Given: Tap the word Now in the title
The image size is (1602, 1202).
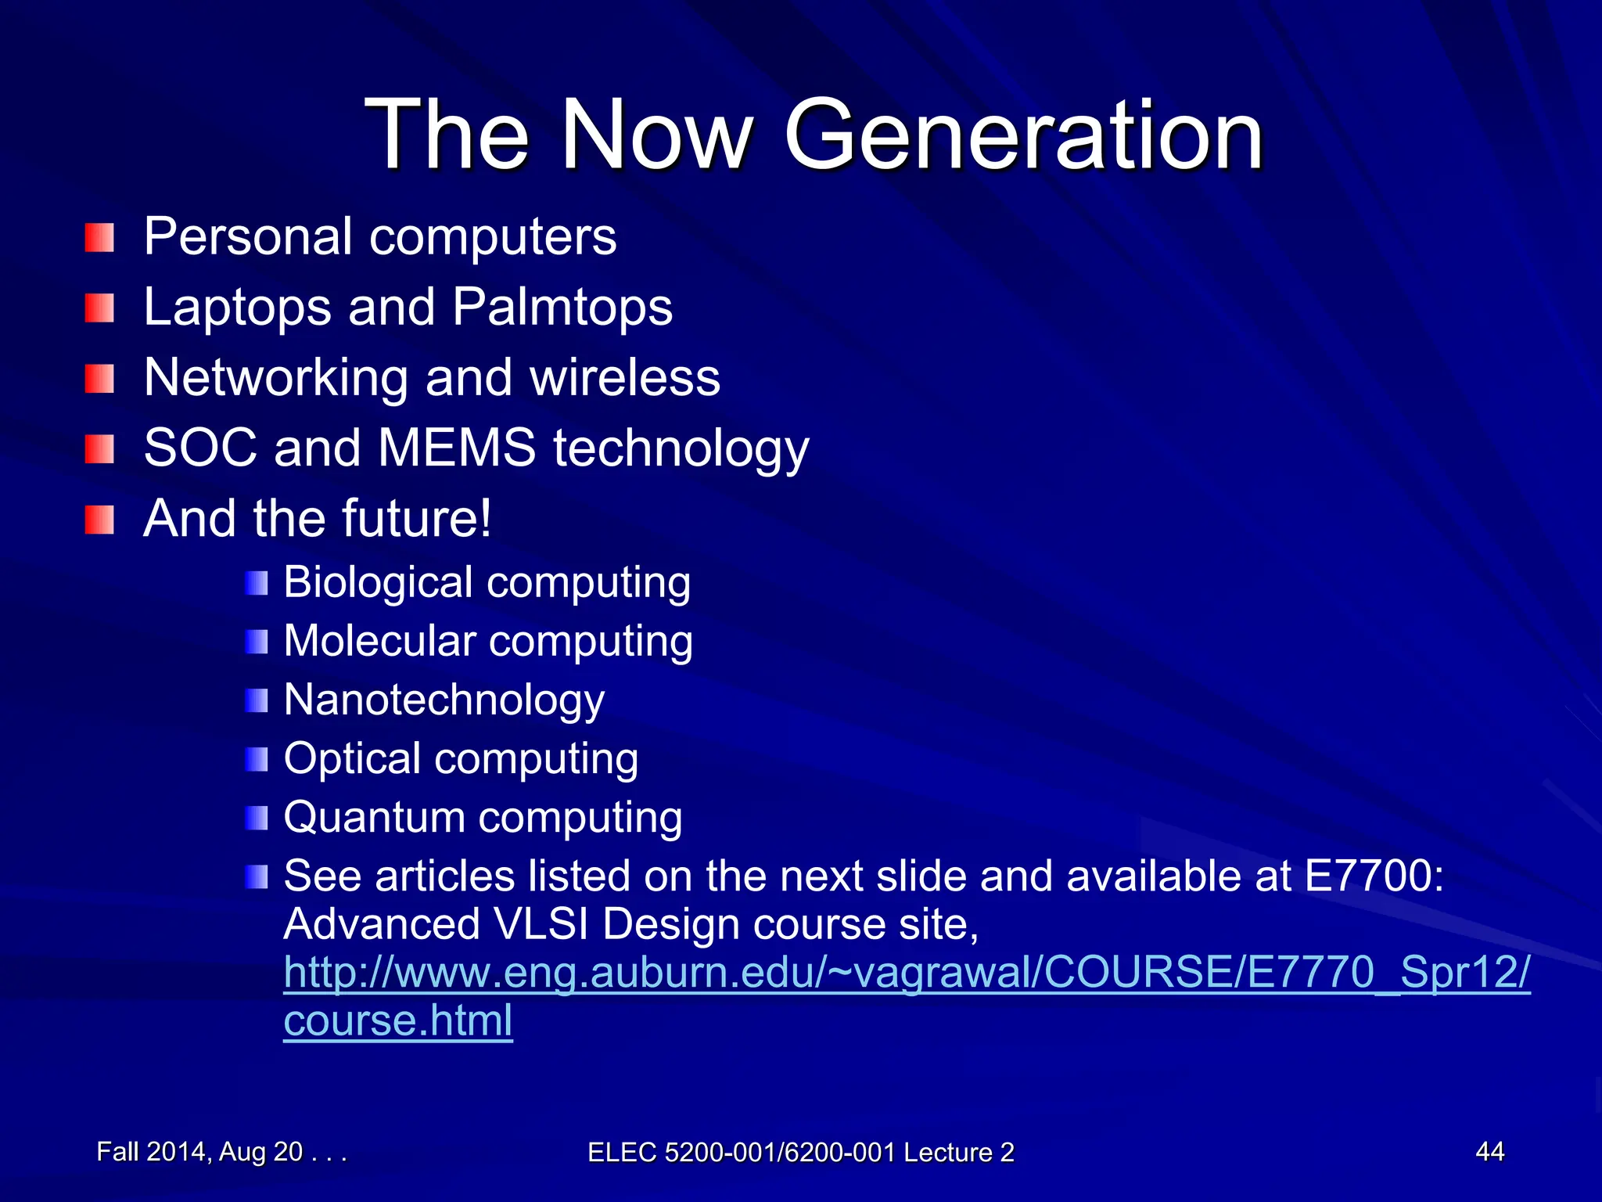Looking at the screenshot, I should click(657, 135).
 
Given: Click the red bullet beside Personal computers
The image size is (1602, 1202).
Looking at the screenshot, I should click(99, 238).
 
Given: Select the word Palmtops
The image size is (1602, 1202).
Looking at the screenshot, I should click(562, 307).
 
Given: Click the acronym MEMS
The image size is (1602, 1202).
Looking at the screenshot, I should click(457, 448).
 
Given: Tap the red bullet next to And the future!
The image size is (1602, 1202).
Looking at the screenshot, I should click(99, 520).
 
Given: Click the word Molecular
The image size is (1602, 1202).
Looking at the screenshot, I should click(379, 641).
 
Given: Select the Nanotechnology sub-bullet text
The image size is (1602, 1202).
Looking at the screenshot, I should click(444, 700).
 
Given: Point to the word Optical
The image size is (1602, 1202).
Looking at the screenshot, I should click(352, 759).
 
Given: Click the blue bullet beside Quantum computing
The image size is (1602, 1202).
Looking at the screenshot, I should click(256, 819).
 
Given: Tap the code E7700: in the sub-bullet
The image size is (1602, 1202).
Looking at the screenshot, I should click(1374, 876).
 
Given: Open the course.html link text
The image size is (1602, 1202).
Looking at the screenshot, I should click(397, 1021).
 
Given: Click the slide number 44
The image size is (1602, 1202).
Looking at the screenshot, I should click(1489, 1151).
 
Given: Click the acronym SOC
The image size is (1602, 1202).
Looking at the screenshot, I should click(200, 448).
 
